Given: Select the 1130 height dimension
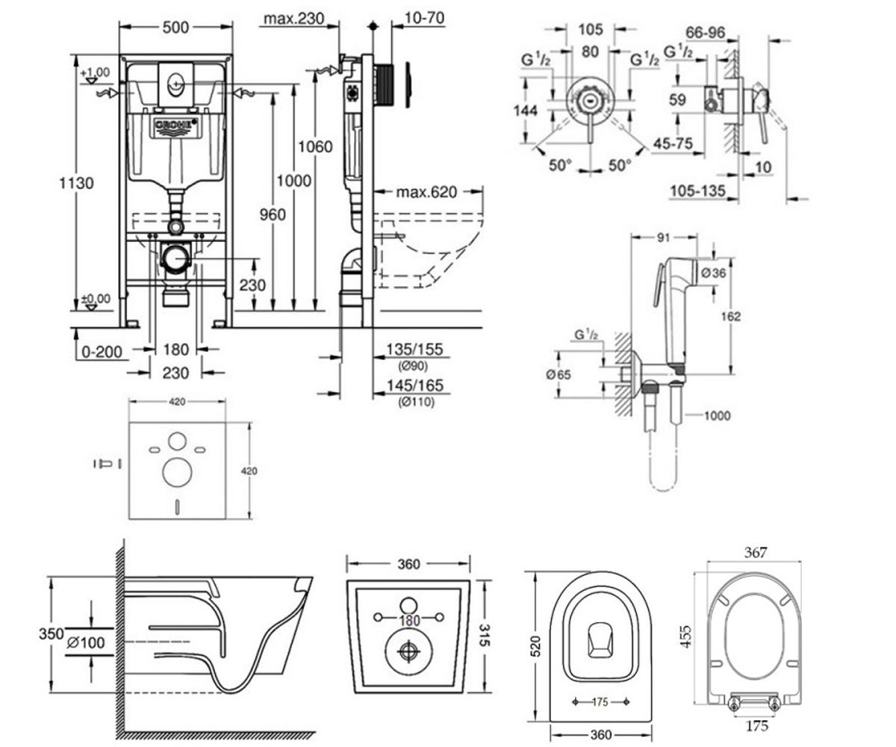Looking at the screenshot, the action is pos(76,183).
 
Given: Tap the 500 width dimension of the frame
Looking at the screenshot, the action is pos(175,28).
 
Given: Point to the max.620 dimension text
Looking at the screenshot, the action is pos(426,192).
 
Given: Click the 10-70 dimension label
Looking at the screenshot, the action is pos(424,18).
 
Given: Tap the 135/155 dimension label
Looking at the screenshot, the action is pos(414,350).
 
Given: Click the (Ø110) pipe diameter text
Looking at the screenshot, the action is pos(416,403).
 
